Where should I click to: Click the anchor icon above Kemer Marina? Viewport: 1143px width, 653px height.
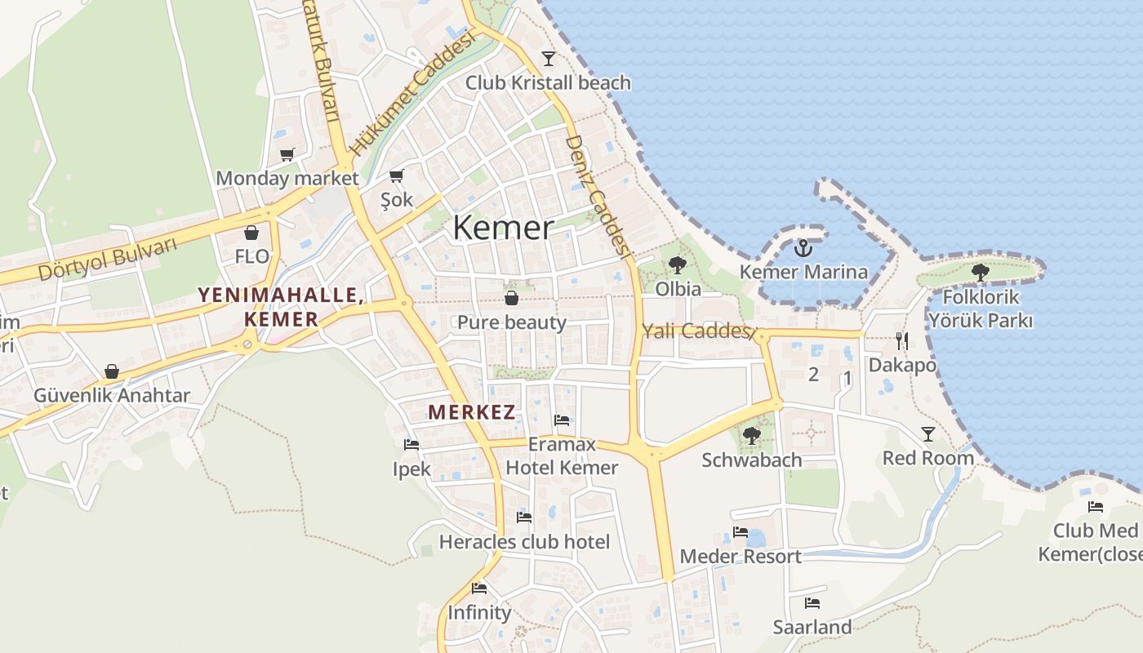(803, 247)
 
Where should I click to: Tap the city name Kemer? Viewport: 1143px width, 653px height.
(503, 228)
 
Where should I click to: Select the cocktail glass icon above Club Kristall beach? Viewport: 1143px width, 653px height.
(548, 59)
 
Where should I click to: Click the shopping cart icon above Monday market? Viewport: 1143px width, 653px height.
(287, 154)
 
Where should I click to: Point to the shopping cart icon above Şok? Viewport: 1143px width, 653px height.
(397, 175)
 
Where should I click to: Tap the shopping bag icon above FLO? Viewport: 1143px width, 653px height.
(251, 233)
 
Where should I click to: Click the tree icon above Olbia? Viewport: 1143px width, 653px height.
(677, 265)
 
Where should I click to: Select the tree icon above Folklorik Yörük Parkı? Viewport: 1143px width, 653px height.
(980, 273)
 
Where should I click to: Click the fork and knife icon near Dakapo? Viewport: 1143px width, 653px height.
(901, 340)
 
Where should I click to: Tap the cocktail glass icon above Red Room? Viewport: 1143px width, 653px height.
(928, 433)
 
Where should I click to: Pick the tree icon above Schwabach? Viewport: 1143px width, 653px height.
(752, 436)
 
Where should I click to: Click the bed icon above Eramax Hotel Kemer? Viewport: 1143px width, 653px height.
(562, 420)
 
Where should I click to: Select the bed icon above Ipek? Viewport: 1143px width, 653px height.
(411, 445)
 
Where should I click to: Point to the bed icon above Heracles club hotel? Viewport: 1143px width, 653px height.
(524, 517)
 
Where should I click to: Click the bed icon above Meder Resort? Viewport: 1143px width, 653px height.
(741, 531)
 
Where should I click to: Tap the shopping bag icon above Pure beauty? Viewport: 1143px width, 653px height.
(511, 298)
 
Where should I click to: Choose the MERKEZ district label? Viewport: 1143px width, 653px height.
(472, 412)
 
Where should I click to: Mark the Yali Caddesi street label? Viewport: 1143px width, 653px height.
(696, 331)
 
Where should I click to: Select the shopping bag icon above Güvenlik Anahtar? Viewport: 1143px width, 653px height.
(112, 372)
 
